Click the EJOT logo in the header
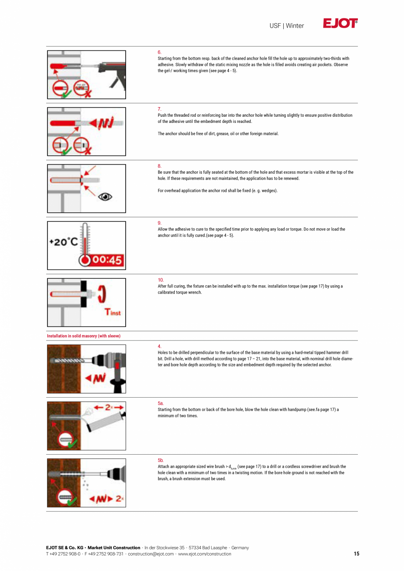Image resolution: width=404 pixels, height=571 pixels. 340,24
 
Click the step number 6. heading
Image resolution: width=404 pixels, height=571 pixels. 159,52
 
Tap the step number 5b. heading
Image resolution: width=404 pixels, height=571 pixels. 161,460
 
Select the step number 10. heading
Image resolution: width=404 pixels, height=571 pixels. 161,280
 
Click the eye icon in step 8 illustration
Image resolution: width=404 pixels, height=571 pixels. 105,197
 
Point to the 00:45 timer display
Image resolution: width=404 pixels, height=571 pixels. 107,260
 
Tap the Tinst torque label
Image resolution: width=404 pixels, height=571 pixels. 112,312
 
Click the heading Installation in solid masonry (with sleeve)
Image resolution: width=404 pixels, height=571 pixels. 83,336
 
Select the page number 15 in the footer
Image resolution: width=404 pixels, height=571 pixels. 356,554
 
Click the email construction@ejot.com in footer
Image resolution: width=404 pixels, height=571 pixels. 151,554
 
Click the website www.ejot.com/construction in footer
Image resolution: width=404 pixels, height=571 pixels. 205,554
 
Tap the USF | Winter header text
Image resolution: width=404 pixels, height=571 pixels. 286,26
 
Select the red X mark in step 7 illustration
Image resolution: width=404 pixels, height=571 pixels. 87,150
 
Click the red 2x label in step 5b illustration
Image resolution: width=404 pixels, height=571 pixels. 119,499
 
